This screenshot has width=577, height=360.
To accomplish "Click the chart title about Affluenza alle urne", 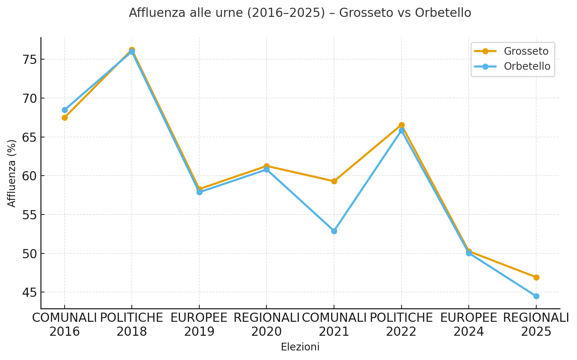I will tap(300, 13).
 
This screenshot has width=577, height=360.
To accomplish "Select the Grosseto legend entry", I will tap(526, 51).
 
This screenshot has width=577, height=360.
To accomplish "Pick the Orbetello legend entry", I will tap(527, 66).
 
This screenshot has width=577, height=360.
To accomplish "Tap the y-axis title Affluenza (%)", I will tap(12, 173).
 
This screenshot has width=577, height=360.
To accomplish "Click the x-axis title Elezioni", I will tap(300, 347).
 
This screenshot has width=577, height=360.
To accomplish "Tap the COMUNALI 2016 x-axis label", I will tap(65, 324).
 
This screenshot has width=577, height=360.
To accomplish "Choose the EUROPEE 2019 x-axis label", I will tap(199, 324).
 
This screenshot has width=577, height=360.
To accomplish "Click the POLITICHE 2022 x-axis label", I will tap(401, 324).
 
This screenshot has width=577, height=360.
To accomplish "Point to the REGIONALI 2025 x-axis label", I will tap(536, 324).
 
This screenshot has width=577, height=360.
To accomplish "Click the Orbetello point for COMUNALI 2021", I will tap(334, 231).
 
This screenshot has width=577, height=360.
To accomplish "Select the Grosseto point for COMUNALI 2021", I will tap(334, 181).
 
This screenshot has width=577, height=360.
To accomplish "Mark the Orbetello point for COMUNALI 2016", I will tap(65, 110).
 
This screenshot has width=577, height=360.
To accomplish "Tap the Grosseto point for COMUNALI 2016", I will tap(65, 118).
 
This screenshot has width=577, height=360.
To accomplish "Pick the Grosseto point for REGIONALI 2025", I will tap(536, 277).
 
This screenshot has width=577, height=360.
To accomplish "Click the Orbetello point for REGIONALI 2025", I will tap(536, 296).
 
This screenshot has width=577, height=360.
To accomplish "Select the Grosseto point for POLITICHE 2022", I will tap(402, 125).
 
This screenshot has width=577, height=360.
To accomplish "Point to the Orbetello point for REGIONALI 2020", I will tap(266, 169).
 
